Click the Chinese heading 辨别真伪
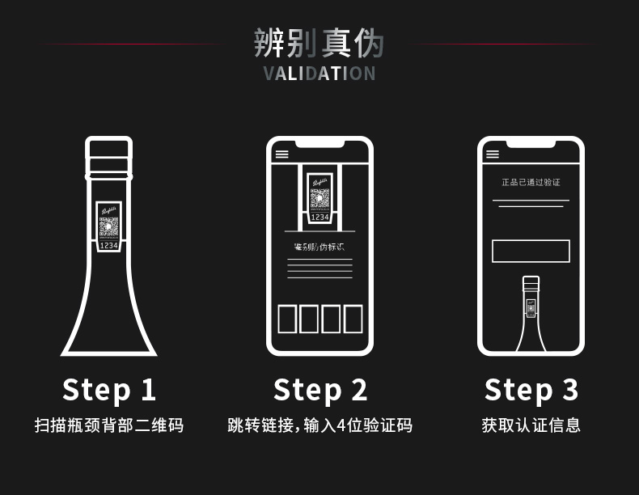[x=319, y=43]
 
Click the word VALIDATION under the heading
[x=319, y=74]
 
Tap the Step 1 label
[x=108, y=390]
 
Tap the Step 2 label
[x=320, y=390]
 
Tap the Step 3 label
[x=531, y=390]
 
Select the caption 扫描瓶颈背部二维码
[x=108, y=425]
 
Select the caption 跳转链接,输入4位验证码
[x=320, y=425]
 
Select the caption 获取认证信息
[x=531, y=425]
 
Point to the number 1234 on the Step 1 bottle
[x=108, y=245]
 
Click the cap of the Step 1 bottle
[x=108, y=154]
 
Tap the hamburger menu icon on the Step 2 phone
[x=281, y=154]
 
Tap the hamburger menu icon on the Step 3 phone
[x=493, y=154]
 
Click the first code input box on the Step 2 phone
[x=287, y=319]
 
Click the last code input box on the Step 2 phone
[x=353, y=319]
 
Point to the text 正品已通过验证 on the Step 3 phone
[x=531, y=183]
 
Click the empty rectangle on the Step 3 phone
[x=531, y=251]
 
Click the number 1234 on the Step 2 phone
[x=320, y=217]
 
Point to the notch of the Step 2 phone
[x=320, y=144]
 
